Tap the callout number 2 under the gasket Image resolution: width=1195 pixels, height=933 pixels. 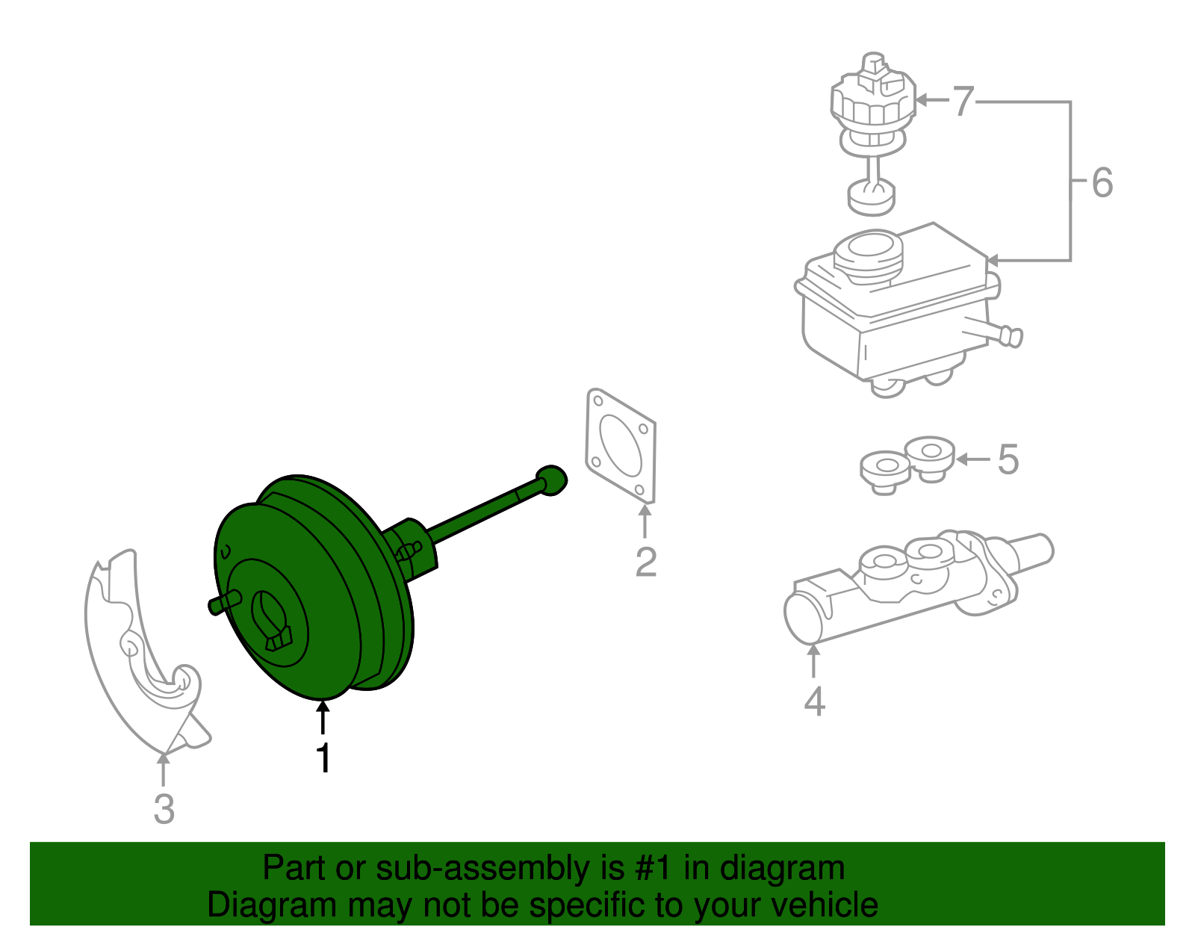point(645,562)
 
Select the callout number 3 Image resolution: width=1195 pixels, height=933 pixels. point(164,809)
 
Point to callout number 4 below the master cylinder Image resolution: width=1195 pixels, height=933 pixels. point(814,701)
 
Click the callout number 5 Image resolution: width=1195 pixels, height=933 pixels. point(1008,459)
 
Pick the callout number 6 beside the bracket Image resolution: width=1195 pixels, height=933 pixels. point(1102,183)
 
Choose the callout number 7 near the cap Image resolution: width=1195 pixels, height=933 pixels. point(963,101)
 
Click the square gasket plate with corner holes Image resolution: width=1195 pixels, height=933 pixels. point(621,445)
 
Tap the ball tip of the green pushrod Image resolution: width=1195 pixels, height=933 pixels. point(552,480)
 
